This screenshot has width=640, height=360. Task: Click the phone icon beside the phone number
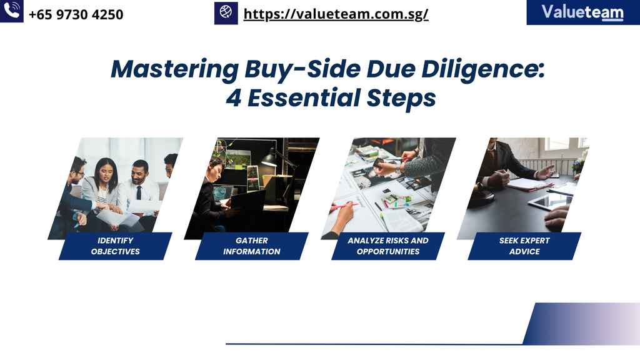pyautogui.click(x=11, y=11)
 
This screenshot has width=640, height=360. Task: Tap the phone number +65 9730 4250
pyautogui.click(x=76, y=15)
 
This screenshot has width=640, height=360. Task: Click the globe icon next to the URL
pyautogui.click(x=226, y=12)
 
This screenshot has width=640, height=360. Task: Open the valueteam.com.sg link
pyautogui.click(x=336, y=14)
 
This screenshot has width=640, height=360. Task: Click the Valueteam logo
pyautogui.click(x=583, y=12)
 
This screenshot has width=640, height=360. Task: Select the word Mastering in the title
pyautogui.click(x=175, y=69)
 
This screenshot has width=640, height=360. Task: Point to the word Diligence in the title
pyautogui.click(x=483, y=69)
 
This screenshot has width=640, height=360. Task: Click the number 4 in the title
pyautogui.click(x=234, y=98)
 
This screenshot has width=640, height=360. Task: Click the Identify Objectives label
pyautogui.click(x=116, y=246)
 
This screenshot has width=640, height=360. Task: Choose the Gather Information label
pyautogui.click(x=252, y=246)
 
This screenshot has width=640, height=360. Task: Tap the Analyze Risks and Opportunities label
pyautogui.click(x=388, y=246)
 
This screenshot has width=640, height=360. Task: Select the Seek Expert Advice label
pyautogui.click(x=524, y=246)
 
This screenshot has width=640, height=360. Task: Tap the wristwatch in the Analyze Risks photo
pyautogui.click(x=398, y=167)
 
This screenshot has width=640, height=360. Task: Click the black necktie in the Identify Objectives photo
pyautogui.click(x=139, y=192)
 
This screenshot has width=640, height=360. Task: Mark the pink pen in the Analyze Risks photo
pyautogui.click(x=344, y=206)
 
